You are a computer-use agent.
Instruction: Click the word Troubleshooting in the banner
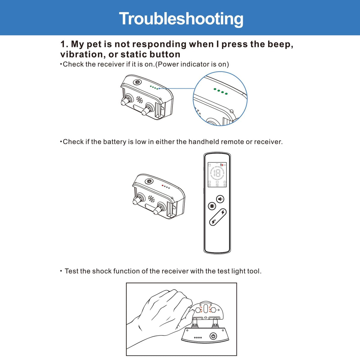click(x=181, y=19)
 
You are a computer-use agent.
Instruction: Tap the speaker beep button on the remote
click(x=220, y=199)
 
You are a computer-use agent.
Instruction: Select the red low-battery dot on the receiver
click(x=162, y=186)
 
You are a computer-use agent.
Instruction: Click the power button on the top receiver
click(x=137, y=82)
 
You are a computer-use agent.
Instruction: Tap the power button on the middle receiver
click(x=149, y=181)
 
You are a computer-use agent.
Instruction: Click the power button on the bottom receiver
click(x=213, y=336)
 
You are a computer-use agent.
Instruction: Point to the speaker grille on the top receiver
click(x=139, y=100)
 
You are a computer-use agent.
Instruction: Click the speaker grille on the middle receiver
click(x=151, y=199)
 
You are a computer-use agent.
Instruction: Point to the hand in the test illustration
click(x=159, y=317)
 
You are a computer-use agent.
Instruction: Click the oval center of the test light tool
click(x=206, y=309)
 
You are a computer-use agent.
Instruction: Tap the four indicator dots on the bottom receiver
click(x=198, y=337)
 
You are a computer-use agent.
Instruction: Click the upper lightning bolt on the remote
click(x=223, y=212)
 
